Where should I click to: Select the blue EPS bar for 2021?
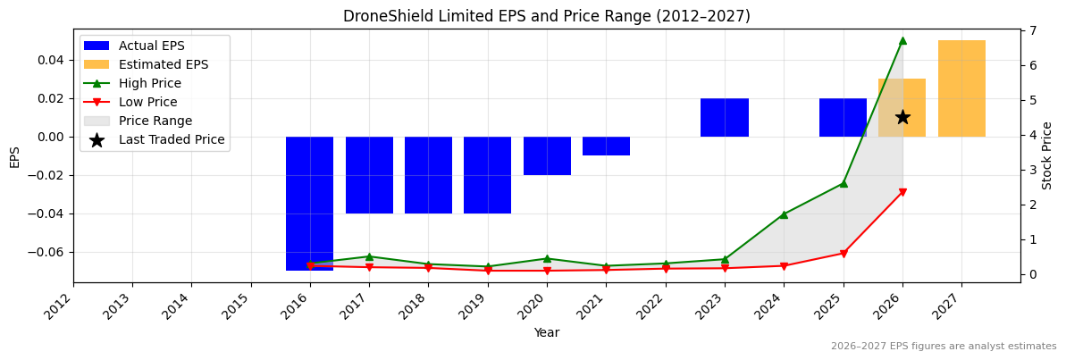(x=606, y=146)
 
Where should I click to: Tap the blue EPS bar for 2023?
(x=725, y=117)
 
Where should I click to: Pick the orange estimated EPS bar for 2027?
(x=961, y=88)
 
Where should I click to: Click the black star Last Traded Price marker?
(x=902, y=117)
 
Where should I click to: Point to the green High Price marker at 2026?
(x=902, y=40)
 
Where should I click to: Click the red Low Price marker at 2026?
(x=902, y=192)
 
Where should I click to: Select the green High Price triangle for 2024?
(x=784, y=214)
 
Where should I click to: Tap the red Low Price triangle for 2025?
(x=844, y=254)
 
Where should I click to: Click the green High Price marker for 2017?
(x=369, y=256)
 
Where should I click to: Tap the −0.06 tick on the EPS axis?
(x=49, y=252)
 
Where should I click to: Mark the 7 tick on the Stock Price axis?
(x=1030, y=30)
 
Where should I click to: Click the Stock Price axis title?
(x=1047, y=155)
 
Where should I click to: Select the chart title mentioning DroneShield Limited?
(x=546, y=16)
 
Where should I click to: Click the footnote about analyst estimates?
(x=944, y=347)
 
